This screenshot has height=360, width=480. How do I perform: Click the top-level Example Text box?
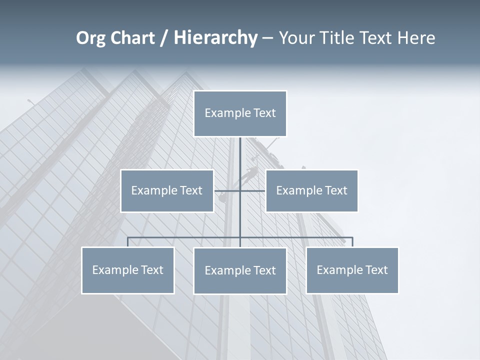[x=240, y=113]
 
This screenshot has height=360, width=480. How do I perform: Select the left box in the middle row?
[x=167, y=190]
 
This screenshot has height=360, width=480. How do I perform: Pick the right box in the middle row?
[x=311, y=190]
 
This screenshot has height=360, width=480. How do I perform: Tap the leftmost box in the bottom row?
[x=127, y=270]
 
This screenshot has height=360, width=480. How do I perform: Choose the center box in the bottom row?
[x=240, y=270]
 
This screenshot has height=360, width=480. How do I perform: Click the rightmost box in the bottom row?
[x=352, y=270]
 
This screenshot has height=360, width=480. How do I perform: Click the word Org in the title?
[x=90, y=38]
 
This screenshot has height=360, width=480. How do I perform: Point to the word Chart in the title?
[x=132, y=38]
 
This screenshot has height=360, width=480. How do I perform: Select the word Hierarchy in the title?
[x=215, y=38]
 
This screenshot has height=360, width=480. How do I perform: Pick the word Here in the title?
[x=416, y=38]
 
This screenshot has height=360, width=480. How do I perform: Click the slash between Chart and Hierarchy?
[x=164, y=38]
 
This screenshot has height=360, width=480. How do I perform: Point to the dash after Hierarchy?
[x=267, y=38]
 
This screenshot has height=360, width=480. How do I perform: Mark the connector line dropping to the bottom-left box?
[x=128, y=242]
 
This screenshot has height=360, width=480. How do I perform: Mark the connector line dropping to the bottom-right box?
[x=352, y=242]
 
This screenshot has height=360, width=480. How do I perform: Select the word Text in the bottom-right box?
[x=375, y=270]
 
